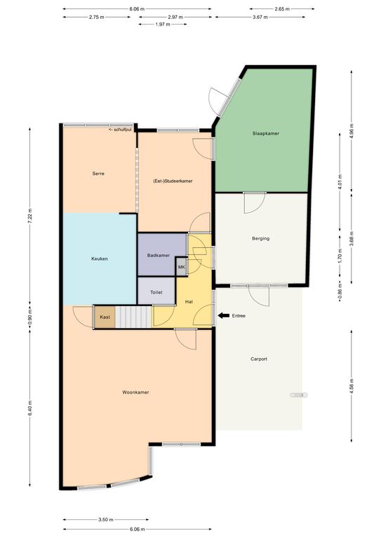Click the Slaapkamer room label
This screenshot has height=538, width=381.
pyautogui.click(x=265, y=134)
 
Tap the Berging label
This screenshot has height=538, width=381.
pyautogui.click(x=260, y=238)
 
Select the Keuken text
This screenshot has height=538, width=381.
pyautogui.click(x=100, y=258)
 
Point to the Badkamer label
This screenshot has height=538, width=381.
pyautogui.click(x=159, y=255)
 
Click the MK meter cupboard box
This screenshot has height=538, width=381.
pyautogui.click(x=181, y=267)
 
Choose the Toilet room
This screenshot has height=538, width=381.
pyautogui.click(x=156, y=291)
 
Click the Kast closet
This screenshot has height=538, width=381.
pyautogui.click(x=105, y=317)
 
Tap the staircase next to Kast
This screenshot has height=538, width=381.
pyautogui.click(x=133, y=317)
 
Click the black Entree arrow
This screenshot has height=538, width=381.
pyautogui.click(x=224, y=316)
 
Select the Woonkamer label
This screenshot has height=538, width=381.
pyautogui.click(x=135, y=392)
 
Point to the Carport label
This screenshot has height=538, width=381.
pyautogui.click(x=259, y=359)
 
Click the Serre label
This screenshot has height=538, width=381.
pyautogui.click(x=98, y=174)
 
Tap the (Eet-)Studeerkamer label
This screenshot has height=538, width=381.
pyautogui.click(x=173, y=181)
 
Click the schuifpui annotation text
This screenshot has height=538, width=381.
pyautogui.click(x=120, y=130)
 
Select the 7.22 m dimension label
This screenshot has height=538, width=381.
pyautogui.click(x=29, y=216)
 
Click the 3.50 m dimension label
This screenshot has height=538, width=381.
pyautogui.click(x=106, y=520)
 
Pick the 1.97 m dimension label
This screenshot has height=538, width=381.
pyautogui.click(x=163, y=25)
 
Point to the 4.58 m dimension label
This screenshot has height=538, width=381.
pyautogui.click(x=351, y=386)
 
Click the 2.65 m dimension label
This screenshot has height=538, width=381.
pyautogui.click(x=282, y=9)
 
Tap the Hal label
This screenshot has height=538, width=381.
pyautogui.click(x=189, y=302)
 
